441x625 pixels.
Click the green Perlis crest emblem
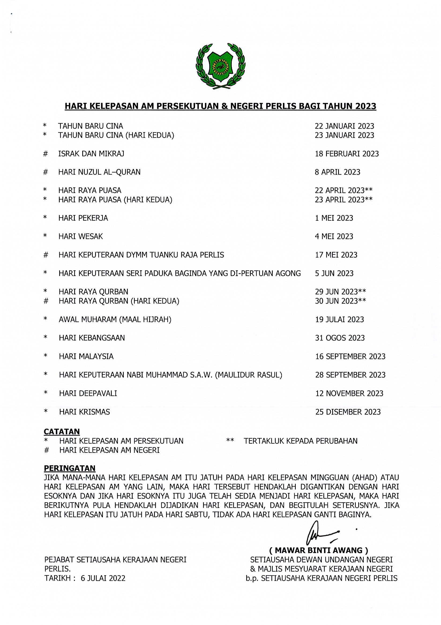(x=220, y=66)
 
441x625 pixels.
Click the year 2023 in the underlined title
(x=365, y=106)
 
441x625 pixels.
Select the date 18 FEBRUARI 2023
(x=347, y=154)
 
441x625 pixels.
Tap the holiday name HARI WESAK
(x=81, y=236)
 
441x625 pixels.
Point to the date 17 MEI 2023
(x=336, y=255)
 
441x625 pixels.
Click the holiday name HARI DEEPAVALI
(x=88, y=393)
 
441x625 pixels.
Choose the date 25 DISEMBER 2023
(x=348, y=412)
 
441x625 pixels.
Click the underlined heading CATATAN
(x=62, y=432)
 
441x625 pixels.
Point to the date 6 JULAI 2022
(x=103, y=578)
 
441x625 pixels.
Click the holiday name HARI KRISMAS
(x=84, y=412)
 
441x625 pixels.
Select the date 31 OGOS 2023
(x=340, y=338)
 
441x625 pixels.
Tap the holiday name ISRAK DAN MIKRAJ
(x=91, y=154)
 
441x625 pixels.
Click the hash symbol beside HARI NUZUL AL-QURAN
(x=46, y=172)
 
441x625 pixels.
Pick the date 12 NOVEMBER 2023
(x=349, y=393)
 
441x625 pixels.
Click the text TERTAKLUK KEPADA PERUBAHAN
(x=300, y=441)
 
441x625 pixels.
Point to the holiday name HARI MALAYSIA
(x=86, y=356)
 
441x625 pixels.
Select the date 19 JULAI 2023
(x=339, y=319)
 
